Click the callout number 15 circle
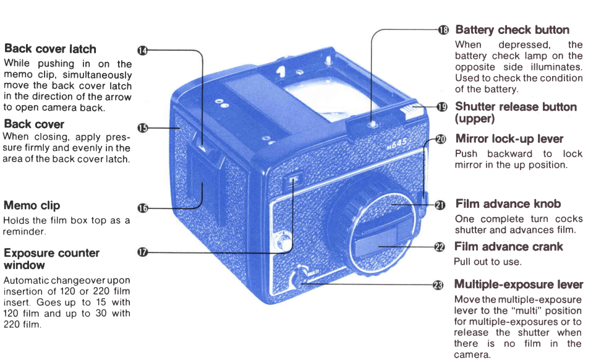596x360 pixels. (x=142, y=128)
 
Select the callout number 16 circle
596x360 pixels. (x=142, y=208)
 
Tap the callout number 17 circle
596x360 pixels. (x=142, y=252)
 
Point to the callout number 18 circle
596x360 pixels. (x=443, y=30)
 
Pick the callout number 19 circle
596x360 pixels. (x=441, y=107)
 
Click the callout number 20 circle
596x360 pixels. (x=440, y=139)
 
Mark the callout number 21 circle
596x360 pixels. (x=440, y=205)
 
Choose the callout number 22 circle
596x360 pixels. (x=440, y=247)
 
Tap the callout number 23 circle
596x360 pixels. (x=438, y=285)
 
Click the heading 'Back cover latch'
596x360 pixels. (x=50, y=49)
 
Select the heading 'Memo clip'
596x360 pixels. (x=32, y=205)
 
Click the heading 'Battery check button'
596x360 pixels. (x=512, y=30)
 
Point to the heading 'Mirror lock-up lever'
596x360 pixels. (x=509, y=139)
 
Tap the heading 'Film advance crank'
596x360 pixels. (x=508, y=247)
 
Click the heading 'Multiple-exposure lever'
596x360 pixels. (x=518, y=285)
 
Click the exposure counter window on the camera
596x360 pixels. (x=292, y=181)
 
